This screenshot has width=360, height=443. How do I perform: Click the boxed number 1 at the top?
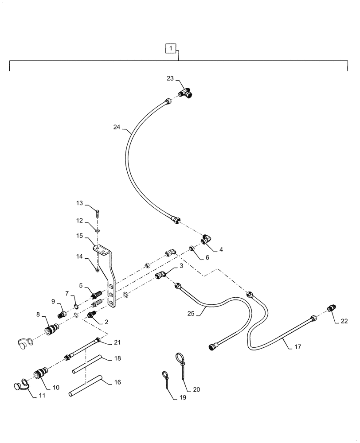(171, 47)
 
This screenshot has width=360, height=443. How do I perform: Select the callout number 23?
(170, 78)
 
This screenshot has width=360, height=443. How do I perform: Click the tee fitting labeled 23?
(186, 93)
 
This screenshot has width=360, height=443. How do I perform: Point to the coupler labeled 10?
(39, 374)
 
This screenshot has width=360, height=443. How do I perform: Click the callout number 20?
(196, 390)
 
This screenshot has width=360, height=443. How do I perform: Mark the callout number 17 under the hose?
(297, 347)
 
